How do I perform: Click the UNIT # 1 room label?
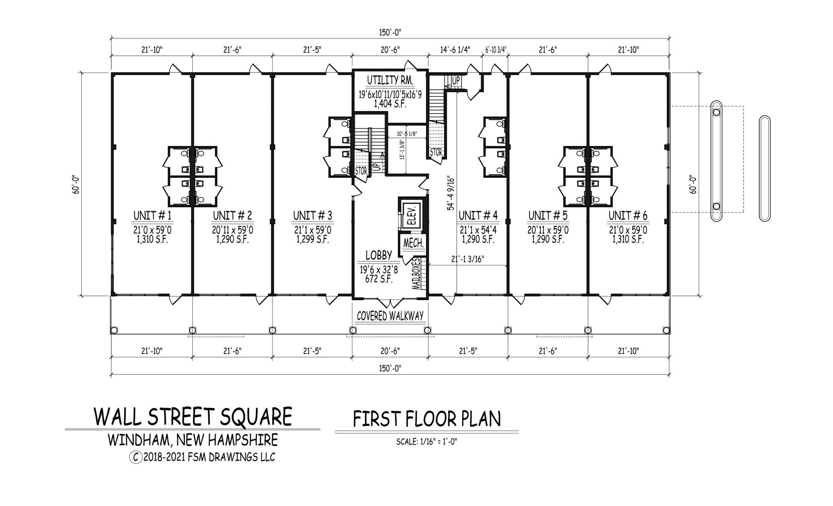click(x=153, y=215)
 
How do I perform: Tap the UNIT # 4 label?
click(x=478, y=215)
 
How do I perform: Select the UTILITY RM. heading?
click(x=390, y=80)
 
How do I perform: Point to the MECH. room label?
click(x=413, y=244)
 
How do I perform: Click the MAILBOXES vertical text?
click(x=416, y=274)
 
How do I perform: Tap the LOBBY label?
click(x=378, y=255)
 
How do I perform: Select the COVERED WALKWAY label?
click(x=390, y=316)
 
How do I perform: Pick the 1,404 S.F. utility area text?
click(x=390, y=104)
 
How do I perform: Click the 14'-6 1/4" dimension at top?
click(x=455, y=50)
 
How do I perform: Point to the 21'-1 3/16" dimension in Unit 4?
click(x=468, y=259)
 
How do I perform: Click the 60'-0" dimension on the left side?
click(x=76, y=184)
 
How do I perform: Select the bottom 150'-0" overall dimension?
click(x=390, y=368)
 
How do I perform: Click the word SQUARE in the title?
click(x=256, y=417)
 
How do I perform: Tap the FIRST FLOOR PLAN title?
click(x=427, y=419)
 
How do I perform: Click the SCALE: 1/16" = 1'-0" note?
click(x=427, y=442)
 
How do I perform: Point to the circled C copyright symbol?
click(x=135, y=457)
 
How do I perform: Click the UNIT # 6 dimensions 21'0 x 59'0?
click(x=628, y=230)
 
